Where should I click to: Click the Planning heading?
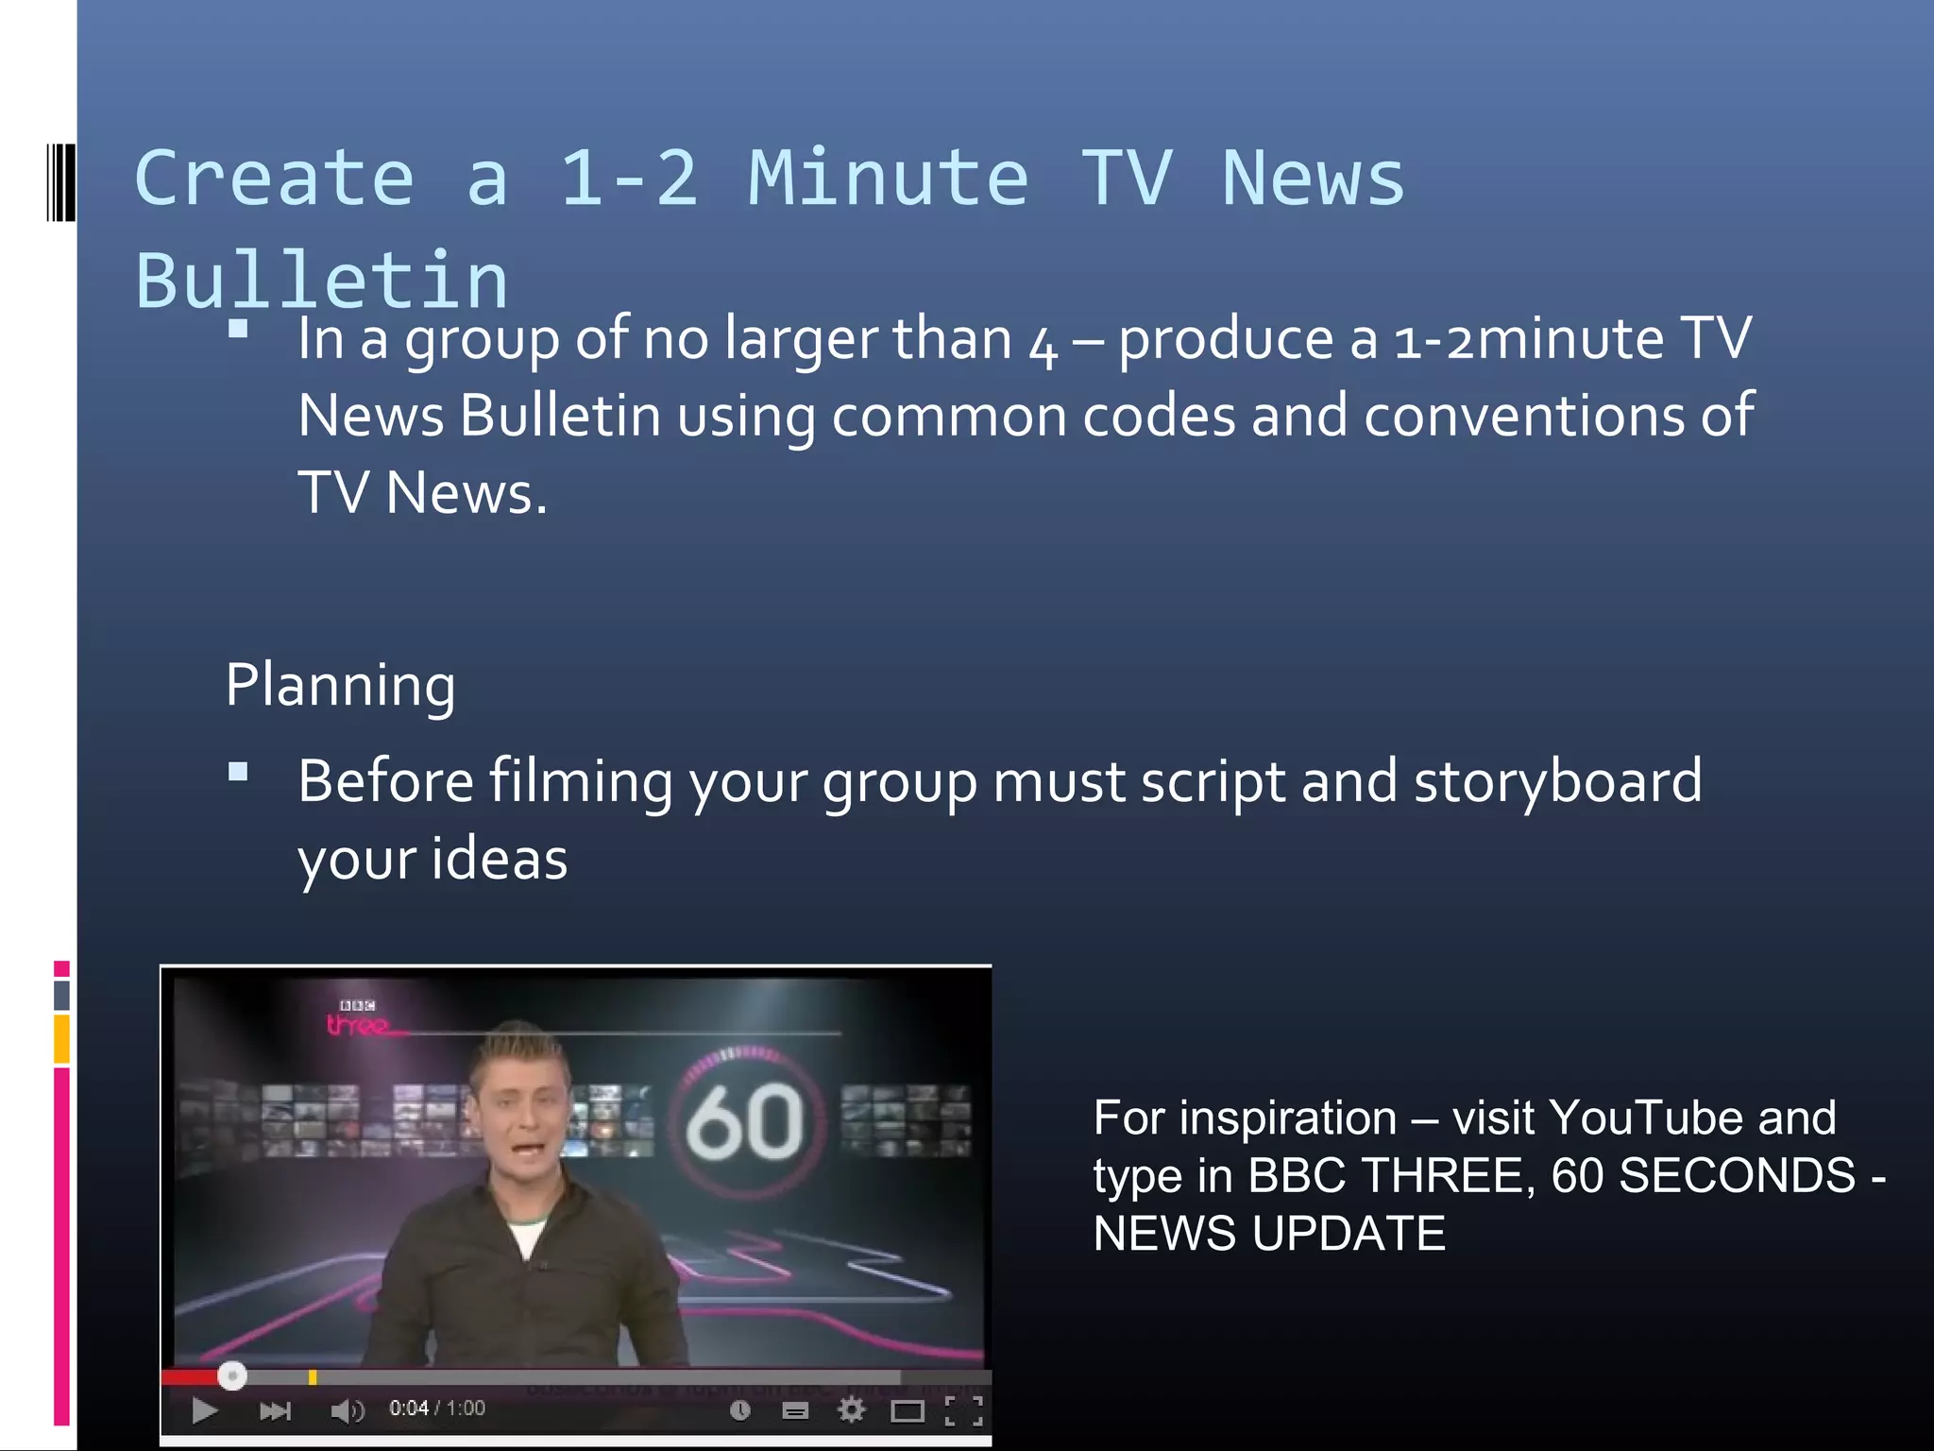(x=340, y=684)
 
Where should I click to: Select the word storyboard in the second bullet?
(x=1557, y=782)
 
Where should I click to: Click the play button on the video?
(x=204, y=1410)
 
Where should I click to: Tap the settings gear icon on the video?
(x=851, y=1410)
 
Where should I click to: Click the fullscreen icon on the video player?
(x=964, y=1410)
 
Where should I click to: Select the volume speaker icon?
(x=347, y=1411)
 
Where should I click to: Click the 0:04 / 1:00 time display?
(x=437, y=1408)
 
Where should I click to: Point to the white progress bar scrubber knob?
(x=232, y=1375)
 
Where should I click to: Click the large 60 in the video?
(x=745, y=1122)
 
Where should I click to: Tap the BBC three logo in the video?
(x=358, y=1018)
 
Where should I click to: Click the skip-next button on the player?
(x=275, y=1411)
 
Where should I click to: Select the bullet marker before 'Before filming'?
(x=238, y=773)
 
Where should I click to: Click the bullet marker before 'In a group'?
(x=238, y=329)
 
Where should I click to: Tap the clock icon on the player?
(x=740, y=1410)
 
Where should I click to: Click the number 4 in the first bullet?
(x=1043, y=344)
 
